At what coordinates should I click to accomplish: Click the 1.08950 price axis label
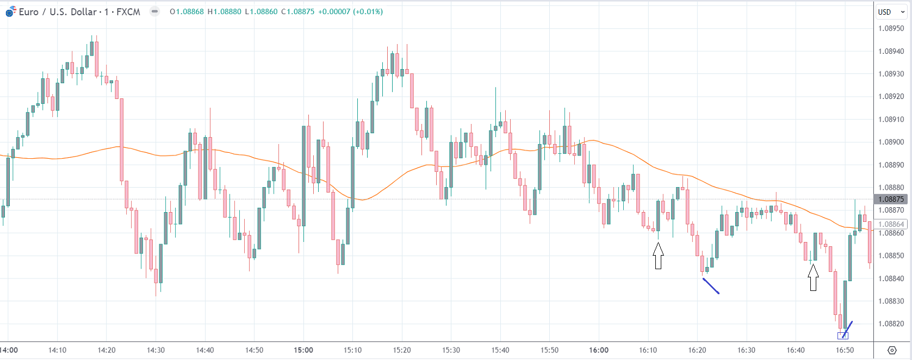[891, 28]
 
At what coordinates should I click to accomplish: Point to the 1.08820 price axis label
[891, 324]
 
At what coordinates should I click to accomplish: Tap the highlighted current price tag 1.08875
[891, 199]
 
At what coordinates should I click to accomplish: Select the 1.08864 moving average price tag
[891, 224]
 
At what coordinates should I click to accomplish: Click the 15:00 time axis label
[303, 350]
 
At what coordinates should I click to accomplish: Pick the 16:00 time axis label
[599, 350]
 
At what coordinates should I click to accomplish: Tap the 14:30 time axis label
[156, 350]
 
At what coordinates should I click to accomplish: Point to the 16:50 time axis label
[845, 350]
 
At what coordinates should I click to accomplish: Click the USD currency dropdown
[891, 12]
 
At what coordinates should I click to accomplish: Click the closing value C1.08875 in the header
[297, 12]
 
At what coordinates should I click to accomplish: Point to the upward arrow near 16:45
[813, 277]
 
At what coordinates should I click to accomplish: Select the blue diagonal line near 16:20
[711, 286]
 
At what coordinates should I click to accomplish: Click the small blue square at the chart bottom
[843, 336]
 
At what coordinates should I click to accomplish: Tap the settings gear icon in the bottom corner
[892, 350]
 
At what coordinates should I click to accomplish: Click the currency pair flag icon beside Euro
[11, 11]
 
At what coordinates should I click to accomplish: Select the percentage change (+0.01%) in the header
[368, 12]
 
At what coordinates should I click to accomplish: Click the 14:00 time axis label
[9, 350]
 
